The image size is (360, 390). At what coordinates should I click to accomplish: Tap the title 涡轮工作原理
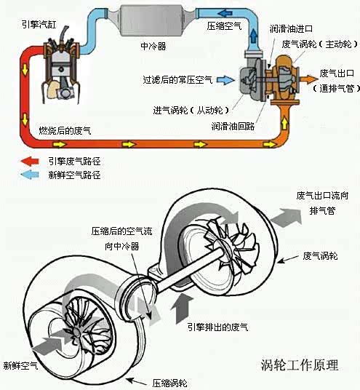click(x=299, y=364)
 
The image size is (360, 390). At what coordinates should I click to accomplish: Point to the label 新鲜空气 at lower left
click(x=20, y=365)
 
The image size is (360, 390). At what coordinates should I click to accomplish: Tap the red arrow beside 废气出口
click(x=307, y=74)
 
